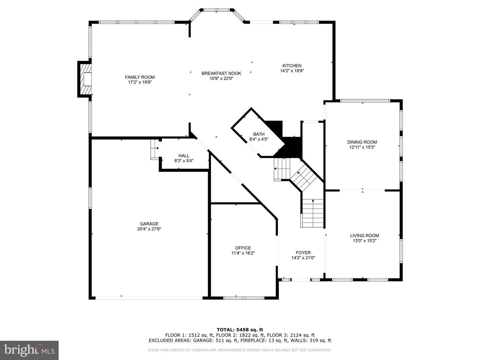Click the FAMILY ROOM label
coord(140,77)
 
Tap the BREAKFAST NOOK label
coord(221,73)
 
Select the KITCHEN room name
coord(292,66)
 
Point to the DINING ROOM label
coord(362,142)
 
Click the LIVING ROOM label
coord(364,235)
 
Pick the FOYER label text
coord(303,253)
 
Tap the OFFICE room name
coord(243,248)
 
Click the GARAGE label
coord(149,224)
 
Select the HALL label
coord(184,156)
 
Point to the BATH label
coord(259,134)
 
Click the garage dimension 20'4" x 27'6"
coord(149,229)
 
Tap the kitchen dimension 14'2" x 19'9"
coord(292,71)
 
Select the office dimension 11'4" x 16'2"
coord(243,253)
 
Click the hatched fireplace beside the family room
coord(85,79)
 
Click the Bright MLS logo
coord(29,350)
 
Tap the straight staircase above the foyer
coord(313,213)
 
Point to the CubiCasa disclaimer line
coord(240,350)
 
